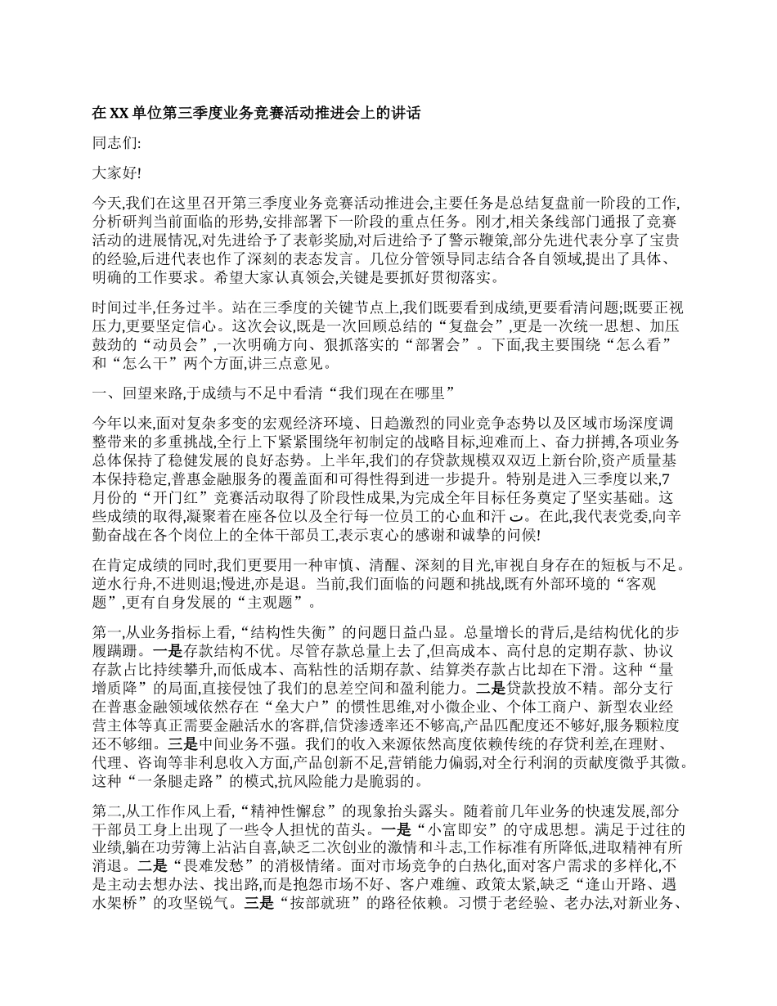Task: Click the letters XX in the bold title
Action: [x=118, y=113]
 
